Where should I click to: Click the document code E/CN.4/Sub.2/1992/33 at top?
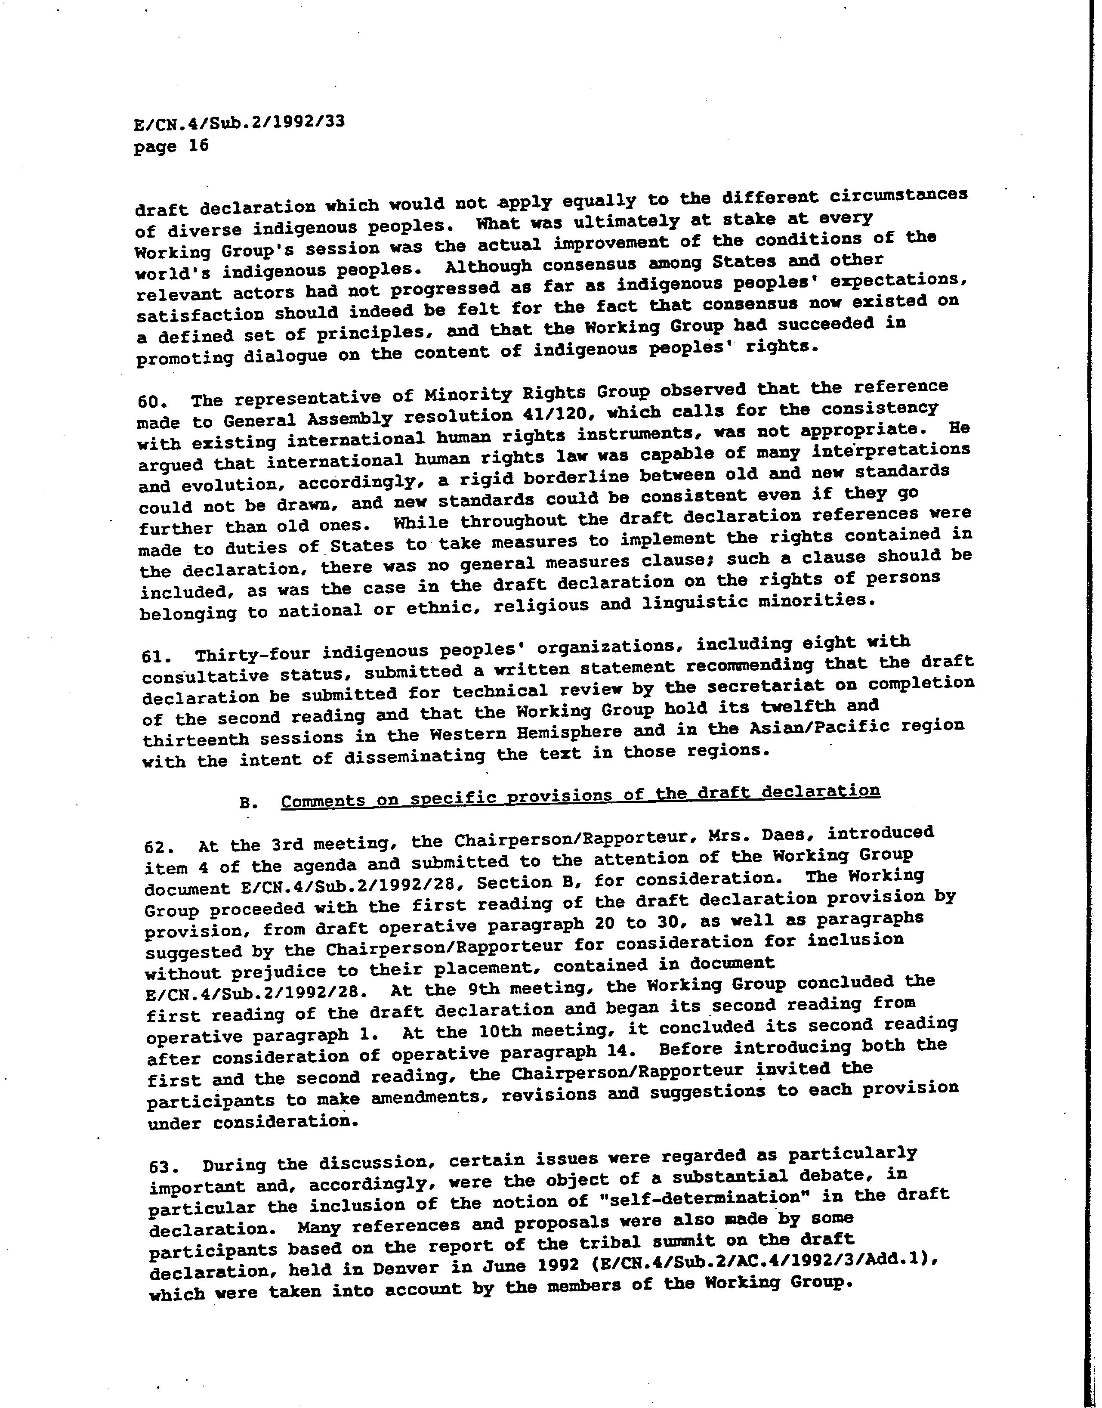239,123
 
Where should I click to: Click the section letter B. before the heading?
248,803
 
